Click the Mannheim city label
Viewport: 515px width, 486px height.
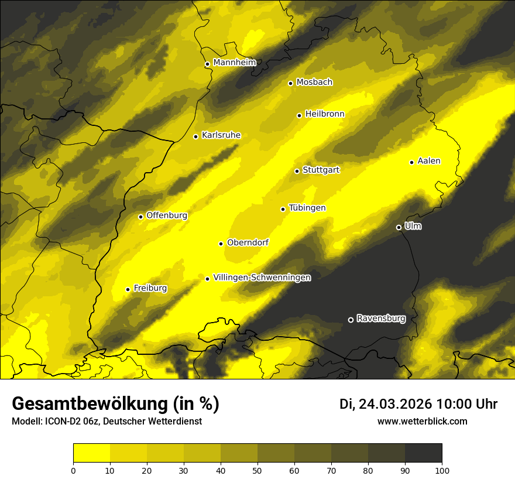tap(234, 63)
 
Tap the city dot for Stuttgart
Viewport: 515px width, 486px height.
tap(297, 171)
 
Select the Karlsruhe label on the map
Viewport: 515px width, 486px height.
tap(221, 135)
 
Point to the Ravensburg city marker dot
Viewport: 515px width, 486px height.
tap(351, 320)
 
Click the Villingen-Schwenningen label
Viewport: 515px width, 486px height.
tap(262, 278)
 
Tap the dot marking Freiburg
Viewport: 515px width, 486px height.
tap(128, 289)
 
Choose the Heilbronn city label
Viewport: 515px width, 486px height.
tap(325, 114)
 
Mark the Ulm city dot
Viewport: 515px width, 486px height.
tap(399, 227)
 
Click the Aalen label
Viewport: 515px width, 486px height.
tap(429, 161)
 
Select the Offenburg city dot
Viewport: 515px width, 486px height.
tap(140, 217)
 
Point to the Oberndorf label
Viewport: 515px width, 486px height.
tap(248, 242)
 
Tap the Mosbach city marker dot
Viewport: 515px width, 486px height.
tap(290, 83)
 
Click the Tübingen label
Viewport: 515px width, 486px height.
tap(307, 208)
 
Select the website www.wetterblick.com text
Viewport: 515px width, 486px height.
tap(422, 421)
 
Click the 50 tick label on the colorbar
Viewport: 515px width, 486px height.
tap(257, 470)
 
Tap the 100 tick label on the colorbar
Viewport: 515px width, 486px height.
tap(441, 470)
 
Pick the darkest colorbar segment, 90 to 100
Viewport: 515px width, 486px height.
tap(423, 453)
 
